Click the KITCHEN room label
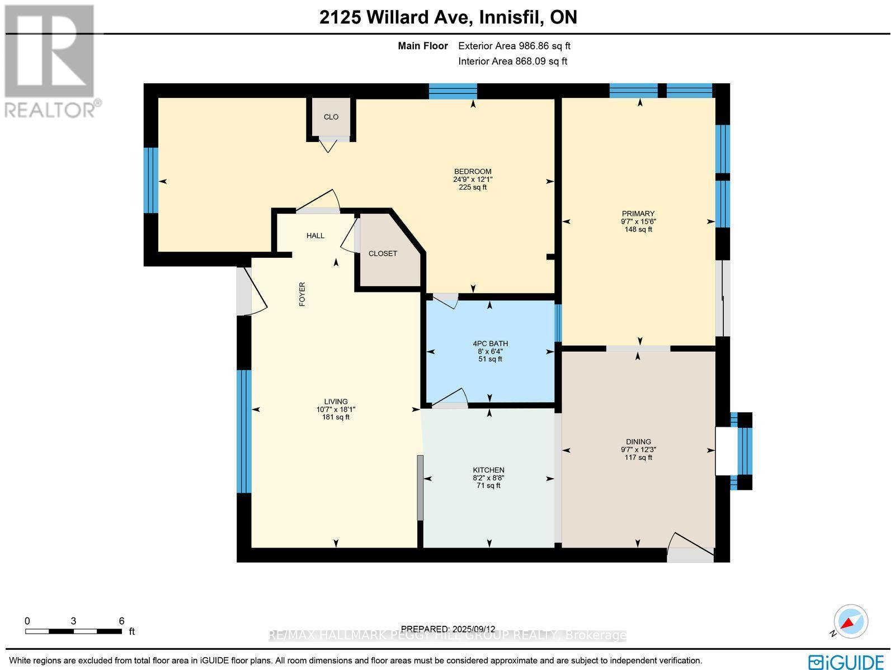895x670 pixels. coord(488,470)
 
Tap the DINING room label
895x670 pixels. coord(638,441)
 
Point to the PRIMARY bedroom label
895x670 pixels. coord(638,213)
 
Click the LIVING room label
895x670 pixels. coord(336,402)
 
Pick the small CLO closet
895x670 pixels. coord(331,117)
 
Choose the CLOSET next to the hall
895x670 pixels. coord(383,253)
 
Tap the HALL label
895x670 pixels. coord(315,235)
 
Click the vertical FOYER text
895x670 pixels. coord(302,294)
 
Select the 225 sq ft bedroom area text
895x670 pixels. coord(473,187)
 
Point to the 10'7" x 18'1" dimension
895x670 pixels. coord(336,409)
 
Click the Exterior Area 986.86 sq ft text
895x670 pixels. coord(514,46)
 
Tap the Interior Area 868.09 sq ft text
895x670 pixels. coord(512,62)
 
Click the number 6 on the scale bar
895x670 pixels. coord(121,620)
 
